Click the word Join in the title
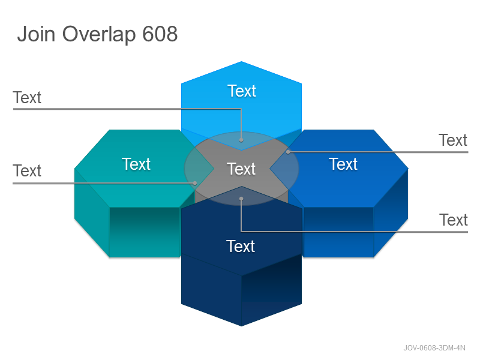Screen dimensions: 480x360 coord(36,34)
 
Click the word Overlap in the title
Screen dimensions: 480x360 coord(99,35)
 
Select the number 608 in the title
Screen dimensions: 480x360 coord(160,34)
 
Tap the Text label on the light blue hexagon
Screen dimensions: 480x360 coord(242,91)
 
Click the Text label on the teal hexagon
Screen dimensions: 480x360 coord(136,164)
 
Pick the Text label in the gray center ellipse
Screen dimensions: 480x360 coord(241,169)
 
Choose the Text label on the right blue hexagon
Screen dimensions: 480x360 coord(343,164)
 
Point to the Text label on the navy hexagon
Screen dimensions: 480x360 coord(241,247)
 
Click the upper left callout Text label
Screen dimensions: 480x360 coord(27,98)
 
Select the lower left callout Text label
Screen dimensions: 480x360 coord(27,171)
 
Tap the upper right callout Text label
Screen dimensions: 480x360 coord(453,140)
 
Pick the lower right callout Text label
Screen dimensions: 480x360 coord(454,220)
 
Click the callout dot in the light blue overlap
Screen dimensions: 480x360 coord(241,140)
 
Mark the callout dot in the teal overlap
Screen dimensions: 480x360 coord(194,184)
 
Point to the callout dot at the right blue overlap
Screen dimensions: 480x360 coord(288,152)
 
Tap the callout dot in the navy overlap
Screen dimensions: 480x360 coord(241,199)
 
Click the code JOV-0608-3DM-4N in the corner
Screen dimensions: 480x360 coord(434,348)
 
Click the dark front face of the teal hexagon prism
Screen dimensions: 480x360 coord(144,232)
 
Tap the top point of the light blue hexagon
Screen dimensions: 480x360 coord(241,62)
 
